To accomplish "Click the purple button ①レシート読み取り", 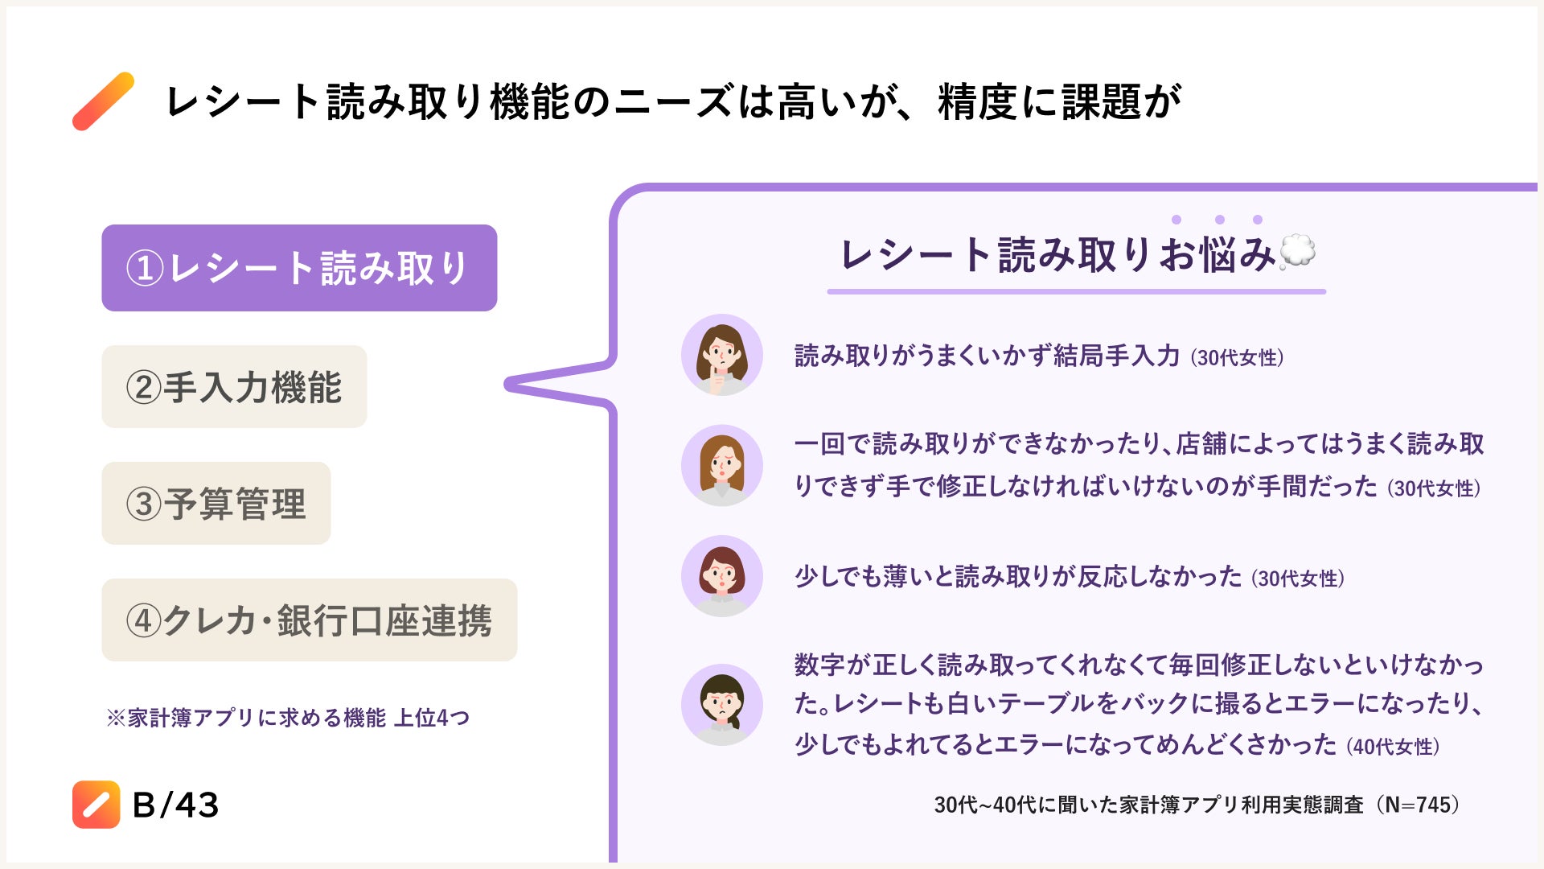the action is [x=299, y=268].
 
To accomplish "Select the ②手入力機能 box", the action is [x=234, y=387].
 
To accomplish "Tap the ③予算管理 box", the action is [x=216, y=504].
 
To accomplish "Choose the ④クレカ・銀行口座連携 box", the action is [x=309, y=620].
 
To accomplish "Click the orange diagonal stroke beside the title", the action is [x=104, y=101].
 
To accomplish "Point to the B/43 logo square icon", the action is [x=96, y=804].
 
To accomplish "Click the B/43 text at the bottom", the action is [x=175, y=805].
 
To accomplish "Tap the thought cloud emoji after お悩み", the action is [x=1296, y=252].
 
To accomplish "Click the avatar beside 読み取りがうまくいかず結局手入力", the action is [x=721, y=355].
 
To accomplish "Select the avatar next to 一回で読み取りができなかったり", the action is [x=721, y=465].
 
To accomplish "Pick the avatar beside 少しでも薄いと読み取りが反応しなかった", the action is [x=721, y=576].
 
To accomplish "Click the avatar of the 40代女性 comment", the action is [x=721, y=705].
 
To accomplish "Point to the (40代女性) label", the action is [x=1393, y=747].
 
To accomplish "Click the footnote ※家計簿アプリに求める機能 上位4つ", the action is [x=288, y=717].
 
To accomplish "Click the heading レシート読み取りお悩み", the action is [x=1057, y=254].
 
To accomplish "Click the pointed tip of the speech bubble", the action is [x=510, y=385].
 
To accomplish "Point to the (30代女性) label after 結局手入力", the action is [x=1237, y=357].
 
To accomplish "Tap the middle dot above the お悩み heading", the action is [x=1220, y=220].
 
